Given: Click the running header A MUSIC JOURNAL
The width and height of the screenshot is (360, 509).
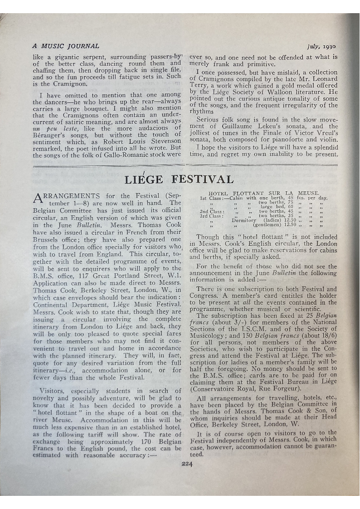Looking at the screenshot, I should coord(66,46).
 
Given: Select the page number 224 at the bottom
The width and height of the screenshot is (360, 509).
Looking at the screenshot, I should coord(187,463).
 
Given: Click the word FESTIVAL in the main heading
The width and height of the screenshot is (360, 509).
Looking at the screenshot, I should coord(203,179).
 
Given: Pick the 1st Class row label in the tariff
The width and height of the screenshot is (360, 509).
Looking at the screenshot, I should coord(212,198).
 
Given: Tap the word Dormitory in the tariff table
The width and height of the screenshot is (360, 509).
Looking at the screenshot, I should coord(244,220).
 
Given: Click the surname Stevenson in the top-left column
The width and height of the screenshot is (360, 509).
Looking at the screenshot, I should coord(161,141).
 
